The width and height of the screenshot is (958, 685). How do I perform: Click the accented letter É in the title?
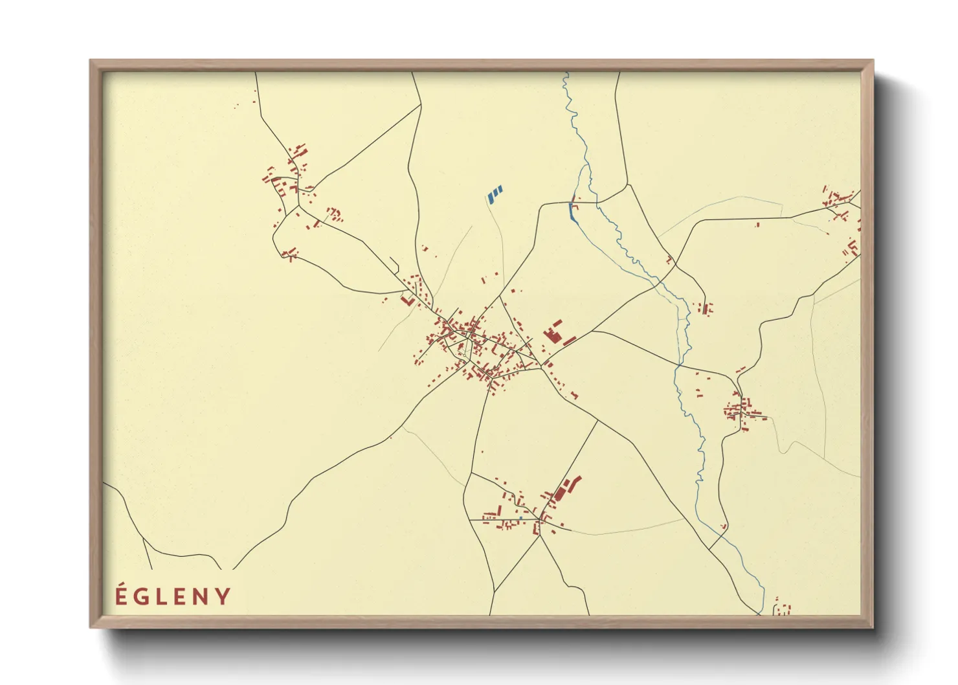120,596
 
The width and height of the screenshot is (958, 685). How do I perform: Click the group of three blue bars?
495,194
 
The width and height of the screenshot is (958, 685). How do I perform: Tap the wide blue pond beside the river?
572,212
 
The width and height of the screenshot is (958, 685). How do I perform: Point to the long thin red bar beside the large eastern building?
570,340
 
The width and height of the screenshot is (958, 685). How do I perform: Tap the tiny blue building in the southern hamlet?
520,518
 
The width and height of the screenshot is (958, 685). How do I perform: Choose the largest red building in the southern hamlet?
561,493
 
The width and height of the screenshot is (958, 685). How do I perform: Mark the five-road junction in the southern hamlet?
540,519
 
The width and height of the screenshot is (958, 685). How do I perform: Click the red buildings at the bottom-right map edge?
783,609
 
